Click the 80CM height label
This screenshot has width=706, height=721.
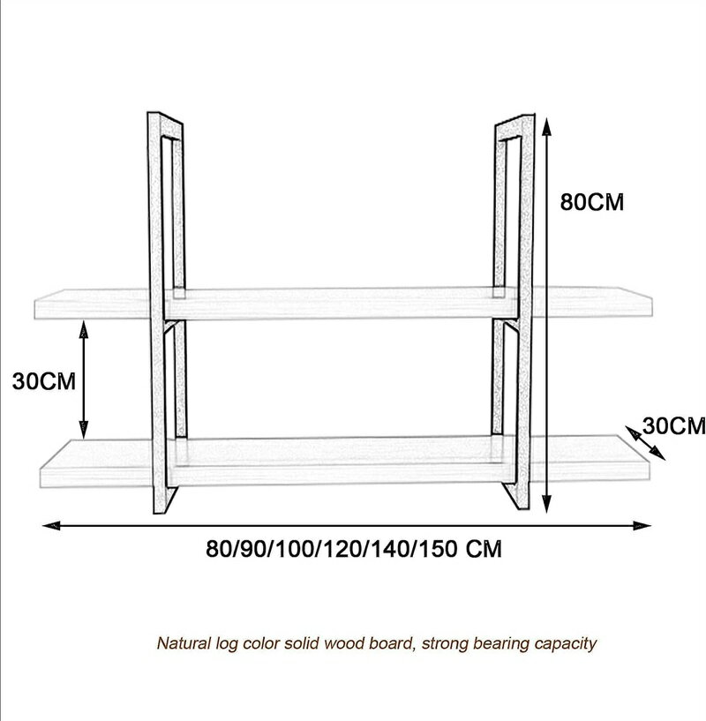592,202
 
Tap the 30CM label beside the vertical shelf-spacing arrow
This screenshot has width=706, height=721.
44,381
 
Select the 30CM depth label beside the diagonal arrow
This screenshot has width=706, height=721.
674,425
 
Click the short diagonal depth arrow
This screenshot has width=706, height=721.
645,442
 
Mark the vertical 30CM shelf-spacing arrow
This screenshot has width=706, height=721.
83,379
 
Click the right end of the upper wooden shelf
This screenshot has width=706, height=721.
650,303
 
